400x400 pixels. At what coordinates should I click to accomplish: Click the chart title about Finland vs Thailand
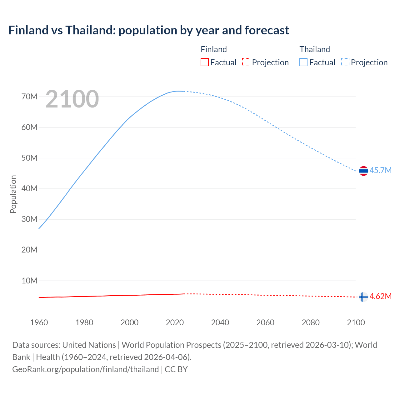tap(149, 30)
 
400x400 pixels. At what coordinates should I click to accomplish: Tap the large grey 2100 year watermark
tap(72, 99)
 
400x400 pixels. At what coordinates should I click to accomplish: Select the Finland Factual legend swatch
tap(205, 62)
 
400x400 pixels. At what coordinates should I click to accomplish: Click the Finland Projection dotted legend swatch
tap(246, 62)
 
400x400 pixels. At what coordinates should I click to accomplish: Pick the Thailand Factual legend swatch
tap(303, 62)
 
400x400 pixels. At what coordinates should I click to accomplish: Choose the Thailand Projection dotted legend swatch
tap(345, 62)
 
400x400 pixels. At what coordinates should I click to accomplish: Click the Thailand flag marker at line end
tap(363, 171)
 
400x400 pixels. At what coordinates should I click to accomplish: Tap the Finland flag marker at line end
tap(363, 297)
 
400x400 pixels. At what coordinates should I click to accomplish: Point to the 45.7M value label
tap(380, 171)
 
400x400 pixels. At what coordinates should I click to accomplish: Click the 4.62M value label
tap(380, 297)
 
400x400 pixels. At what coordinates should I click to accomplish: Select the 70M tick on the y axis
tap(29, 97)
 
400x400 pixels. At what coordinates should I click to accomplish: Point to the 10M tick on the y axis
tap(29, 281)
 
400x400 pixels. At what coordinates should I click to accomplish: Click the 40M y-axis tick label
tap(29, 188)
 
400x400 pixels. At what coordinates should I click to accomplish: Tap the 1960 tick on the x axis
tap(39, 322)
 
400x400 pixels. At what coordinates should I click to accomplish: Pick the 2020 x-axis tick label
tap(175, 322)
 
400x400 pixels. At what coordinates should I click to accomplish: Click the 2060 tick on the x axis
tap(265, 322)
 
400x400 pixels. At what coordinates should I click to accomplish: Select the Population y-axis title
tap(13, 194)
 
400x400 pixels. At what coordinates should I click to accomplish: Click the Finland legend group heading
tap(214, 49)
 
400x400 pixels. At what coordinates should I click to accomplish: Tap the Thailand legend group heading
tap(315, 49)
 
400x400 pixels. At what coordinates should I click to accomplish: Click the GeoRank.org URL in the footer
tap(85, 369)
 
